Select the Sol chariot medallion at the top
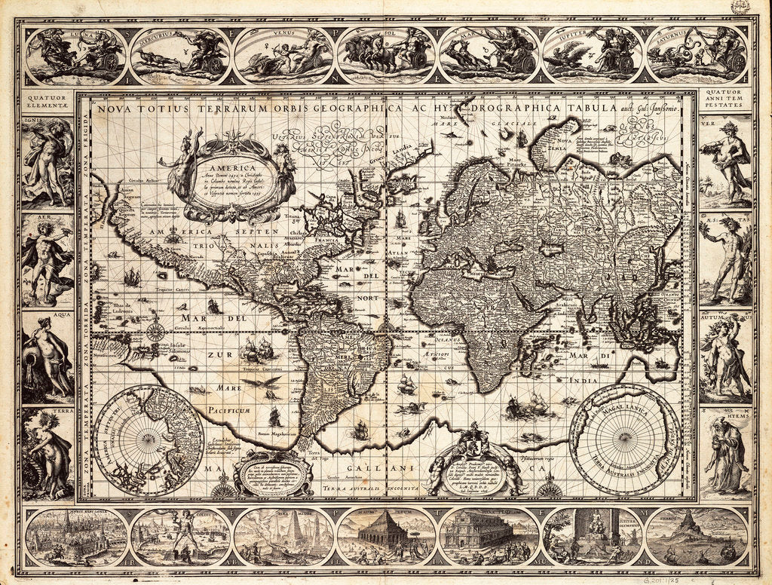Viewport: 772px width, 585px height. click(x=386, y=55)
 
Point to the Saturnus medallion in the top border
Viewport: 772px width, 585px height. click(x=697, y=55)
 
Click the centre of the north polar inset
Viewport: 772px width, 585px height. click(x=149, y=440)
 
